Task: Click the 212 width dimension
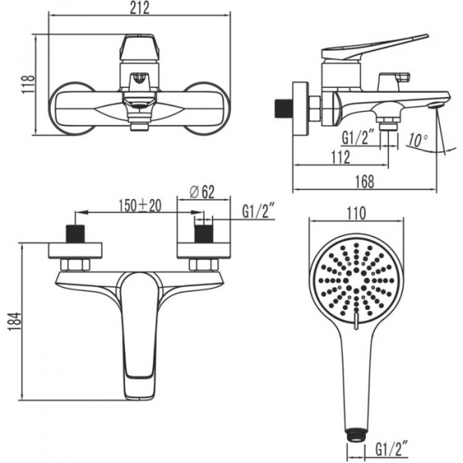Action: pyautogui.click(x=140, y=8)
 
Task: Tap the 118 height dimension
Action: pyautogui.click(x=29, y=84)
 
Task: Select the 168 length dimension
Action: pyautogui.click(x=365, y=181)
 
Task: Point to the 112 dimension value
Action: pyautogui.click(x=340, y=157)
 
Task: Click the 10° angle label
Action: pyautogui.click(x=417, y=140)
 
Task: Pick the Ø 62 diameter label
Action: pyautogui.click(x=202, y=192)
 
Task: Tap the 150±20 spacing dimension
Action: pyautogui.click(x=140, y=205)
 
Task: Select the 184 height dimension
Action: pyautogui.click(x=15, y=321)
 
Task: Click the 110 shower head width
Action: pyautogui.click(x=356, y=214)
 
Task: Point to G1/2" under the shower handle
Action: pyautogui.click(x=391, y=449)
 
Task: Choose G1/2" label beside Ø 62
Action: pyautogui.click(x=259, y=211)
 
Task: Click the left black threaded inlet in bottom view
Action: pyautogui.click(x=76, y=234)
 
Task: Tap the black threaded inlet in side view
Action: pyautogui.click(x=282, y=109)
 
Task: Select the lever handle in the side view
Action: pyautogui.click(x=374, y=46)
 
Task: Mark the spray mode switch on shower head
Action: pyautogui.click(x=357, y=321)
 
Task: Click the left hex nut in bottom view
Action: pyautogui.click(x=75, y=265)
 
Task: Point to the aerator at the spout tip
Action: pyautogui.click(x=436, y=105)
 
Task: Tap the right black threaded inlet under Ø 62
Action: pyautogui.click(x=203, y=234)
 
